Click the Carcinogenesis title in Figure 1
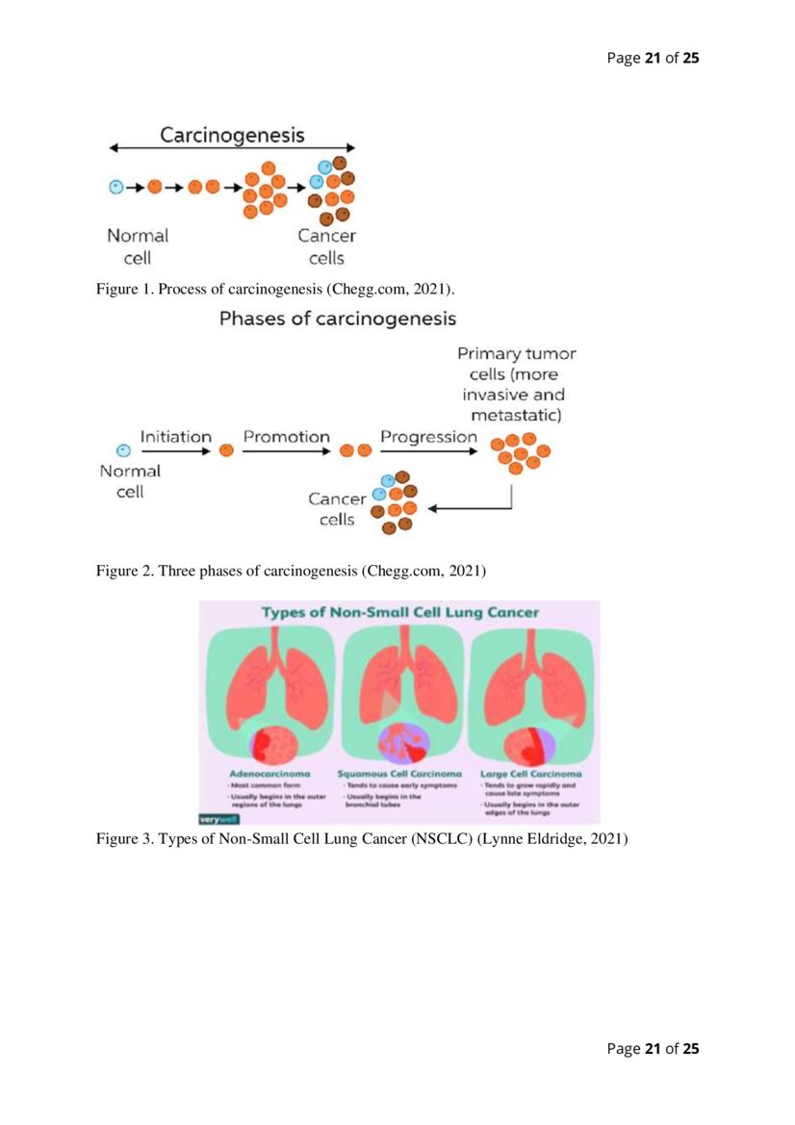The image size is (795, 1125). click(232, 134)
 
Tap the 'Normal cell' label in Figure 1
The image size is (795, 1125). click(137, 246)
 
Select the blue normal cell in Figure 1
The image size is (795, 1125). click(115, 187)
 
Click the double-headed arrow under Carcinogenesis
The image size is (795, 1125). click(232, 148)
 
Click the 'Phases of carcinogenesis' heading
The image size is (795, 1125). click(337, 319)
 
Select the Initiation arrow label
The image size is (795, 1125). click(175, 437)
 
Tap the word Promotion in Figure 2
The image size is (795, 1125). click(286, 437)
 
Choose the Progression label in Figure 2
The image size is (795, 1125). click(428, 437)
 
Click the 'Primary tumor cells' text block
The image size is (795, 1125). click(516, 384)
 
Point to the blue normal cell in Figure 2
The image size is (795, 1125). click(122, 450)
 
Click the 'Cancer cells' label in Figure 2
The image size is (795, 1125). click(337, 509)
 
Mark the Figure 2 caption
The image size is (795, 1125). click(290, 572)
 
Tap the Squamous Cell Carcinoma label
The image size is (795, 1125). click(398, 774)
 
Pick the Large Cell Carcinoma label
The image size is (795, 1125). click(529, 774)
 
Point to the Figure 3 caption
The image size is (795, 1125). click(361, 839)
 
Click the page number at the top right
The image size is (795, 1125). click(652, 59)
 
